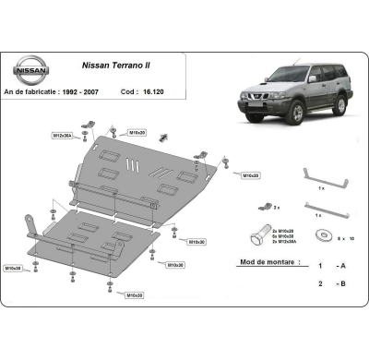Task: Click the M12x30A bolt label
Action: pos(62,136)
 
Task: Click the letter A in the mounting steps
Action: pos(344,264)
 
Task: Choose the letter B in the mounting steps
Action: pos(344,284)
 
